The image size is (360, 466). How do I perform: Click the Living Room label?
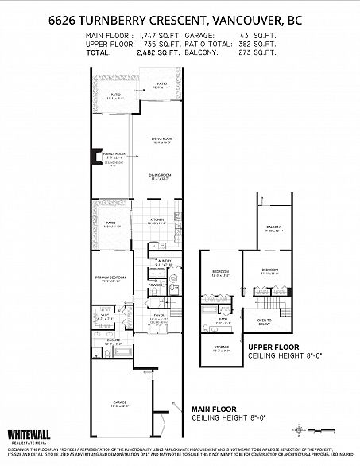pyautogui.click(x=162, y=141)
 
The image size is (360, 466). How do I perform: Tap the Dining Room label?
pyautogui.click(x=162, y=177)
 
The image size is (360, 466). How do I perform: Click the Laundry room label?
pyautogui.click(x=165, y=262)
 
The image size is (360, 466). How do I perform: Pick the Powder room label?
pyautogui.click(x=156, y=284)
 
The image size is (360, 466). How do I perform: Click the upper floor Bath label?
pyautogui.click(x=223, y=320)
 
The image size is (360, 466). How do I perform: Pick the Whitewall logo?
pyautogui.click(x=26, y=435)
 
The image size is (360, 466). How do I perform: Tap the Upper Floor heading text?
pyautogui.click(x=273, y=348)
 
